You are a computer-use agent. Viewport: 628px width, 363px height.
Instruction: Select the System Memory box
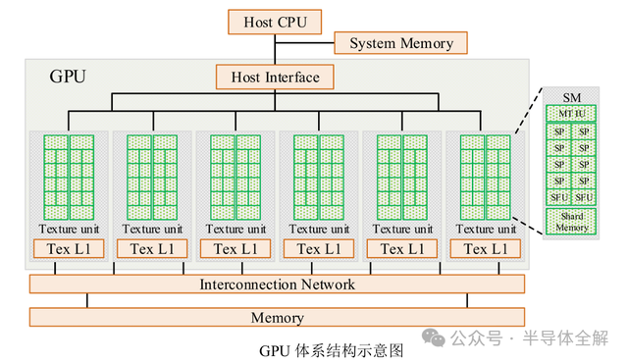coord(400,43)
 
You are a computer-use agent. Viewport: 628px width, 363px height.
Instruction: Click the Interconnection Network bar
coord(277,285)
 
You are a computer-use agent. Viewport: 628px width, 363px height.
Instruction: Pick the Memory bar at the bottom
coord(277,317)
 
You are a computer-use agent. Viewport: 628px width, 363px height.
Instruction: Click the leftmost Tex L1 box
coord(68,249)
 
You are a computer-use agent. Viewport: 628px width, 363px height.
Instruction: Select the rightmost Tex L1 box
coord(485,249)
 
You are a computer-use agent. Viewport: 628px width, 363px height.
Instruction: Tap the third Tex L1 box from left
coord(235,249)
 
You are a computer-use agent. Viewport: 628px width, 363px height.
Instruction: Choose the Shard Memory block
coord(570,222)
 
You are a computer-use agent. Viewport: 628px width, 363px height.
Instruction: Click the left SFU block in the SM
coord(557,197)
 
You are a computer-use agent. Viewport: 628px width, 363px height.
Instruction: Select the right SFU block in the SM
coord(583,197)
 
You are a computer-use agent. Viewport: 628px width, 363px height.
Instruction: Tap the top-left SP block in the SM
coord(557,131)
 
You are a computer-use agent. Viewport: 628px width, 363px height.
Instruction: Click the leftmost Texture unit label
coord(68,229)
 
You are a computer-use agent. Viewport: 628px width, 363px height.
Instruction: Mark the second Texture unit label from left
coord(151,229)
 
